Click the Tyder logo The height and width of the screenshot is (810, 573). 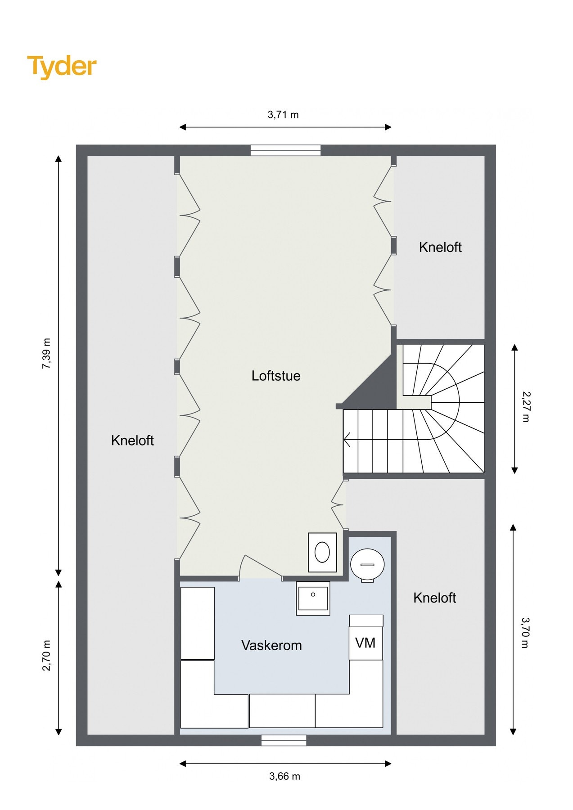[62, 67]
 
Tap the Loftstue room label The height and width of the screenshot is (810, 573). [276, 376]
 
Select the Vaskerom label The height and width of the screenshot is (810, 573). [271, 645]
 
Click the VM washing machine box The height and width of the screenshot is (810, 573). [366, 637]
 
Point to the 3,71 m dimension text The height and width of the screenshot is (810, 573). [283, 115]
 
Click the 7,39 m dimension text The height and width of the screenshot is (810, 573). [46, 353]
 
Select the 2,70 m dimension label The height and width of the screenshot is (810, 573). [46, 655]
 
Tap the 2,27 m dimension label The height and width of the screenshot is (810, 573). [526, 407]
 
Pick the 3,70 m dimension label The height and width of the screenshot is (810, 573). [526, 632]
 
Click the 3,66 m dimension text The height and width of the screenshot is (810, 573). [285, 776]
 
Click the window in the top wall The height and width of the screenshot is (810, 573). [285, 150]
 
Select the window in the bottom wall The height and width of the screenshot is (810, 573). [284, 740]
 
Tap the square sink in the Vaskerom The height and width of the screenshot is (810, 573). [313, 598]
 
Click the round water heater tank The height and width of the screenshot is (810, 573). [367, 565]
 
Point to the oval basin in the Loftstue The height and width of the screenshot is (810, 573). [322, 552]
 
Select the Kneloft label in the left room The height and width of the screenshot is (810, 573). [132, 441]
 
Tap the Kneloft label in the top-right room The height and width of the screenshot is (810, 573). [440, 247]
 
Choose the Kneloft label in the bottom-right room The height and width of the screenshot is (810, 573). [435, 598]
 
